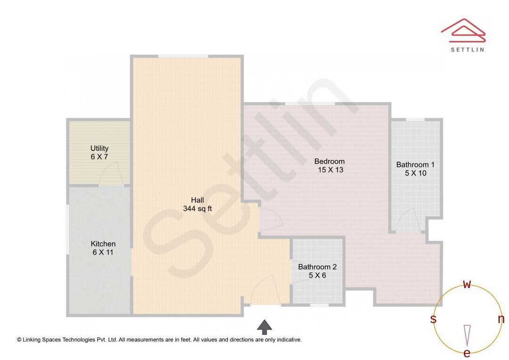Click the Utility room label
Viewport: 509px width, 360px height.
point(99,148)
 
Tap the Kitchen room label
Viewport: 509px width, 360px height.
point(103,244)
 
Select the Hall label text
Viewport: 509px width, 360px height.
point(197,200)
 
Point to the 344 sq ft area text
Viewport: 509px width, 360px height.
point(197,209)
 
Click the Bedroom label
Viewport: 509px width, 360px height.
point(329,162)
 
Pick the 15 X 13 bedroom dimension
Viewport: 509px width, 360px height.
point(330,170)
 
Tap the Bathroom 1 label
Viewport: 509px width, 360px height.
point(415,164)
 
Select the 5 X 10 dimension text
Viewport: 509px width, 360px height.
point(416,173)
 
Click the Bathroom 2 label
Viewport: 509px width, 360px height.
point(317,267)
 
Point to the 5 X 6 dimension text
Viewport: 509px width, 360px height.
point(317,275)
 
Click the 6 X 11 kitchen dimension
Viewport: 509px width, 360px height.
point(103,253)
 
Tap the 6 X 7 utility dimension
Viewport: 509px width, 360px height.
point(99,157)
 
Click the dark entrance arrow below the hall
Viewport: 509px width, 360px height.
point(264,327)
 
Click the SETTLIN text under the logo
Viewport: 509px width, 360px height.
point(467,49)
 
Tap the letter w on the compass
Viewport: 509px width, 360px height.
point(467,284)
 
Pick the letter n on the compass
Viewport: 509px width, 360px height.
point(501,319)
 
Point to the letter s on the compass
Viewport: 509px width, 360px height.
point(433,319)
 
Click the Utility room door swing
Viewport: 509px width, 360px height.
point(111,176)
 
